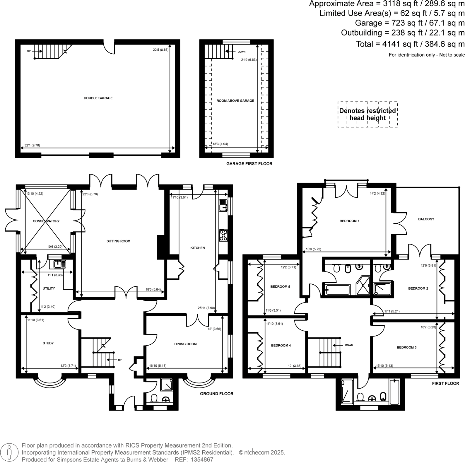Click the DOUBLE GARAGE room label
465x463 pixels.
click(x=98, y=98)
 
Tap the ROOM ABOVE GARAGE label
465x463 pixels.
click(x=235, y=101)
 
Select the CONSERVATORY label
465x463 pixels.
click(x=46, y=221)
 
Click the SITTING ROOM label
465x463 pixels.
click(x=118, y=241)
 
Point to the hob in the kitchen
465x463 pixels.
click(x=223, y=235)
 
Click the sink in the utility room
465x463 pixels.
click(x=60, y=264)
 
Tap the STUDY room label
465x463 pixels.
click(x=48, y=343)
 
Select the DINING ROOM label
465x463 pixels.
click(x=185, y=344)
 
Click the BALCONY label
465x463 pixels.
click(x=426, y=219)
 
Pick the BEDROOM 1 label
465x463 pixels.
click(x=349, y=221)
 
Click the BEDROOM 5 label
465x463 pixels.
click(x=280, y=287)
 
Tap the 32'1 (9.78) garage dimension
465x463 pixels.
click(x=32, y=145)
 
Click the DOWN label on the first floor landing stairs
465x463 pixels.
click(x=349, y=345)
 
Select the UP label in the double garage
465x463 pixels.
click(x=29, y=51)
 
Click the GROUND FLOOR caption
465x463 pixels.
click(x=216, y=394)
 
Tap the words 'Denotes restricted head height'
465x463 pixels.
click(x=367, y=115)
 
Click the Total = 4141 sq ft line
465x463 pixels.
click(x=410, y=44)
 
